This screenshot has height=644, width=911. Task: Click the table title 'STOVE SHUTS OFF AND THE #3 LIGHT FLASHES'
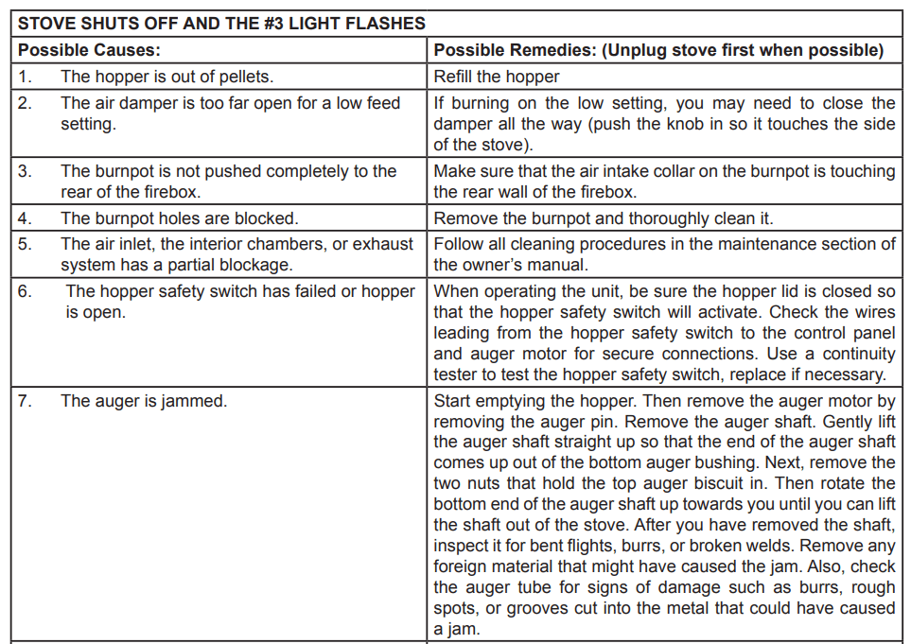click(x=222, y=24)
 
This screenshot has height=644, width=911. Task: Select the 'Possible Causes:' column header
click(x=89, y=50)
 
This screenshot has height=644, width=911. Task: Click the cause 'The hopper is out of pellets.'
click(x=167, y=77)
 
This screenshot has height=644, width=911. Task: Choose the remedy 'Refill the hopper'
click(x=497, y=77)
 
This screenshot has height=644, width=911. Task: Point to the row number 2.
click(x=26, y=103)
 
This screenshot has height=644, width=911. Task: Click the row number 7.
click(x=26, y=401)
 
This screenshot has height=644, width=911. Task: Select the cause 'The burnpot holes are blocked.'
click(x=180, y=219)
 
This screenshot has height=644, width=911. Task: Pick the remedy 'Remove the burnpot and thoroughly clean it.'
click(x=604, y=219)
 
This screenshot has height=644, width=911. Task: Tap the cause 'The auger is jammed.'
click(x=144, y=401)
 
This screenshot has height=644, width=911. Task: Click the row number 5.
click(x=26, y=244)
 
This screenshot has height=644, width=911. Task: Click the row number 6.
click(x=26, y=291)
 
